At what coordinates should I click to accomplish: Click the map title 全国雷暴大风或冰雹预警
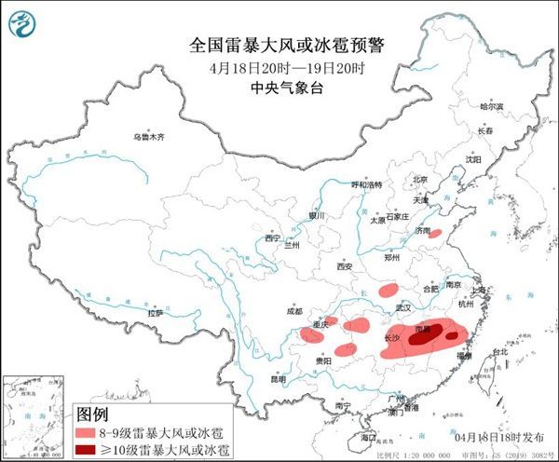pyautogui.click(x=279, y=45)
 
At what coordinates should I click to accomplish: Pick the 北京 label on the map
pyautogui.click(x=420, y=180)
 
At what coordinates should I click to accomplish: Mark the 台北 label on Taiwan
pyautogui.click(x=499, y=352)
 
